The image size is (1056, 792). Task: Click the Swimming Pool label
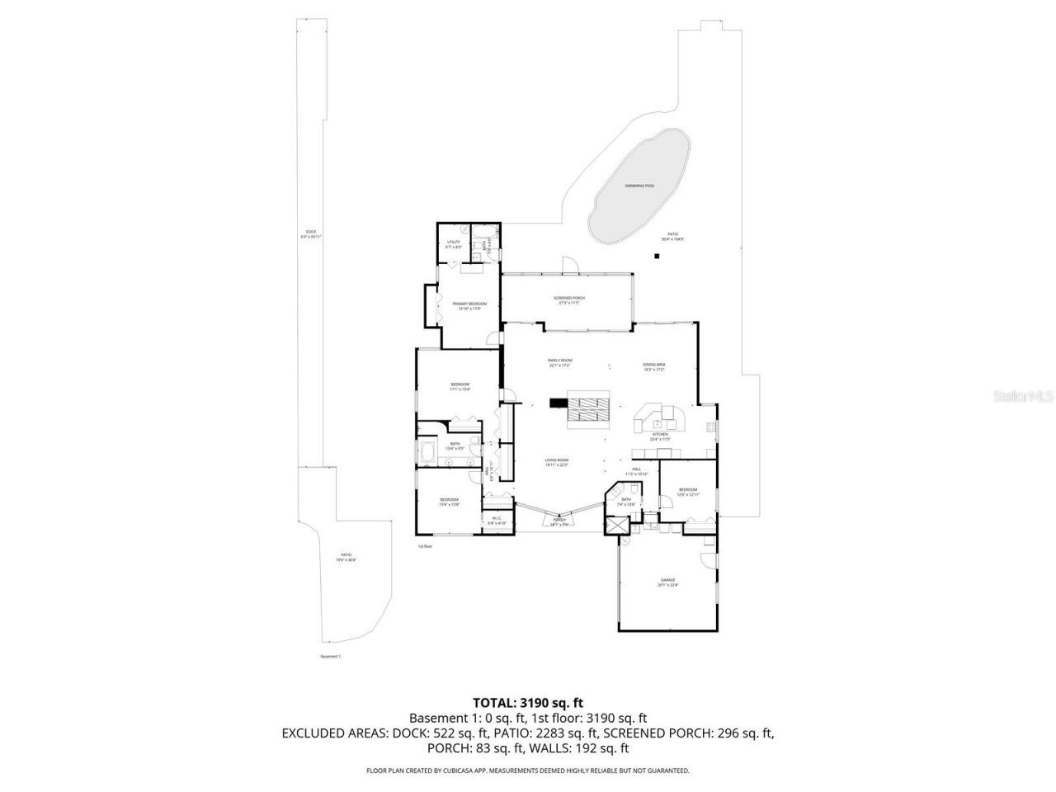pyautogui.click(x=639, y=186)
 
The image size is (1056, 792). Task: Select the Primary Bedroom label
pyautogui.click(x=469, y=304)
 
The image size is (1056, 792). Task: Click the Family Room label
pyautogui.click(x=560, y=361)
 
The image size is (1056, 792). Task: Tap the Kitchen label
pyautogui.click(x=660, y=435)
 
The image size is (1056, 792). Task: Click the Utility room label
pyautogui.click(x=454, y=243)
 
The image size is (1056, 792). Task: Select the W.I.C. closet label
pyautogui.click(x=497, y=521)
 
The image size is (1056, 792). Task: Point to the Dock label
pyautogui.click(x=311, y=233)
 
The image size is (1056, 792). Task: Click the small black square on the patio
pyautogui.click(x=657, y=256)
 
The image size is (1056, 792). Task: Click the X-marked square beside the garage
pyautogui.click(x=615, y=526)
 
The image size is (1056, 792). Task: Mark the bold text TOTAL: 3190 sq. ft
pyautogui.click(x=528, y=703)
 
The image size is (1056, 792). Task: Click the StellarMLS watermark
pyautogui.click(x=1023, y=396)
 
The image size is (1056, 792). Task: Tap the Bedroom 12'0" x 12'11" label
pyautogui.click(x=688, y=492)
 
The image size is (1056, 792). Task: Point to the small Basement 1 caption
pyautogui.click(x=330, y=657)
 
